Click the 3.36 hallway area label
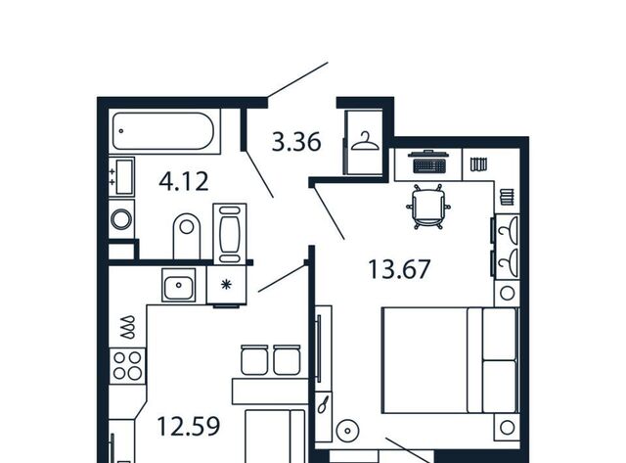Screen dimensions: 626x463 296,142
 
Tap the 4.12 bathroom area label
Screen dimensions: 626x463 184,181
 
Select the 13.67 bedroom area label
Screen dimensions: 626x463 399,269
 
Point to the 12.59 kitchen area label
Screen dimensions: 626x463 189,426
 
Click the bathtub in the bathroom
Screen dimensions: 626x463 163,131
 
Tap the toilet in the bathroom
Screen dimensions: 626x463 187,236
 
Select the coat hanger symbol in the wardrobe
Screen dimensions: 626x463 365,142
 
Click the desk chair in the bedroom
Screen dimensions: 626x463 428,207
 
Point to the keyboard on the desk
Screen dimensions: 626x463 428,165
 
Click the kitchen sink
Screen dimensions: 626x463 178,285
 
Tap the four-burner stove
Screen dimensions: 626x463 127,365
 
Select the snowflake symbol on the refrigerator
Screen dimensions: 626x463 226,285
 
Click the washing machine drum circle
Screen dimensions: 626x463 121,219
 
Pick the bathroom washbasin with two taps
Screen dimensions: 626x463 121,176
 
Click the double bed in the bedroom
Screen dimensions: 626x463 450,360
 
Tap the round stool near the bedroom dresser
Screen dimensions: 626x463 347,431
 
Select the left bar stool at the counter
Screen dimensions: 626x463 254,359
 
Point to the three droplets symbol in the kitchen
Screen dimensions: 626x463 128,328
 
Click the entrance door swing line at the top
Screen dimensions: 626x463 297,79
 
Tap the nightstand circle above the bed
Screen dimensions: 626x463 507,294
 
